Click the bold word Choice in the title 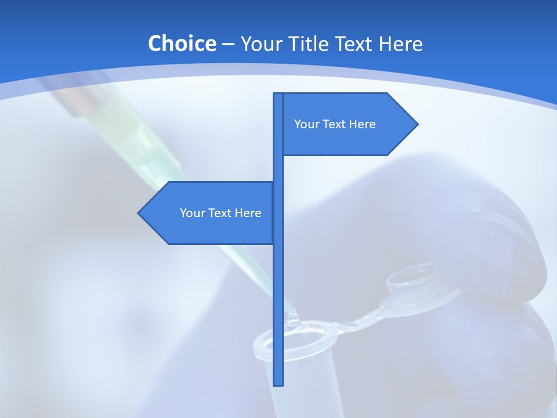pos(182,44)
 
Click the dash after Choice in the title pos(228,44)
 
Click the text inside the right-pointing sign pos(335,124)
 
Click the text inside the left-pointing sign pos(220,213)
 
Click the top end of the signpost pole pos(278,95)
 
